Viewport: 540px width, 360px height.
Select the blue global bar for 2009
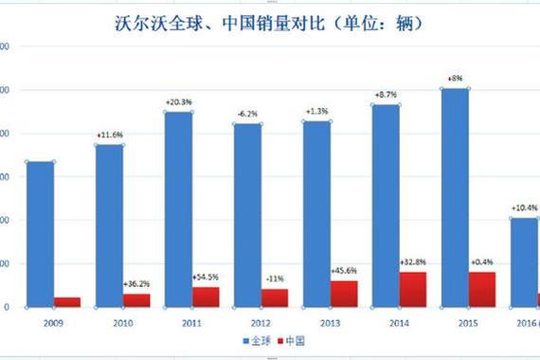coord(39,234)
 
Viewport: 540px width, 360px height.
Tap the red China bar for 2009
coord(67,302)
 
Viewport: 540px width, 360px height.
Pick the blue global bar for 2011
coord(177,209)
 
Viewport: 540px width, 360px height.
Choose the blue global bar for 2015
coord(454,198)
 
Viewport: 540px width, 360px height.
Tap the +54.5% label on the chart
coord(206,278)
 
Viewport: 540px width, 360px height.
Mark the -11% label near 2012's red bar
coord(275,279)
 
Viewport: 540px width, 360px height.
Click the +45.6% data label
coord(344,271)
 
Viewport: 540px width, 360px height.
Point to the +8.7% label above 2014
coord(386,95)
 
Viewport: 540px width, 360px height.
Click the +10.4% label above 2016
coord(524,207)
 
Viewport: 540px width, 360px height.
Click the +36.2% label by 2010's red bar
coord(137,283)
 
